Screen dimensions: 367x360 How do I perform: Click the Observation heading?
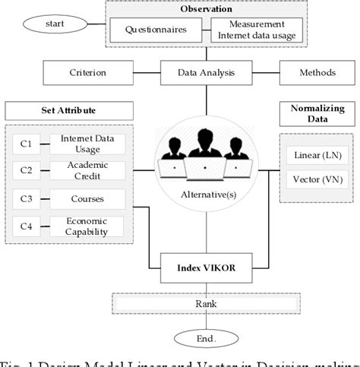click(x=207, y=8)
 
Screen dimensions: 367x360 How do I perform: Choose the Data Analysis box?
click(x=207, y=73)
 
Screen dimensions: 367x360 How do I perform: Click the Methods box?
click(x=313, y=73)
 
